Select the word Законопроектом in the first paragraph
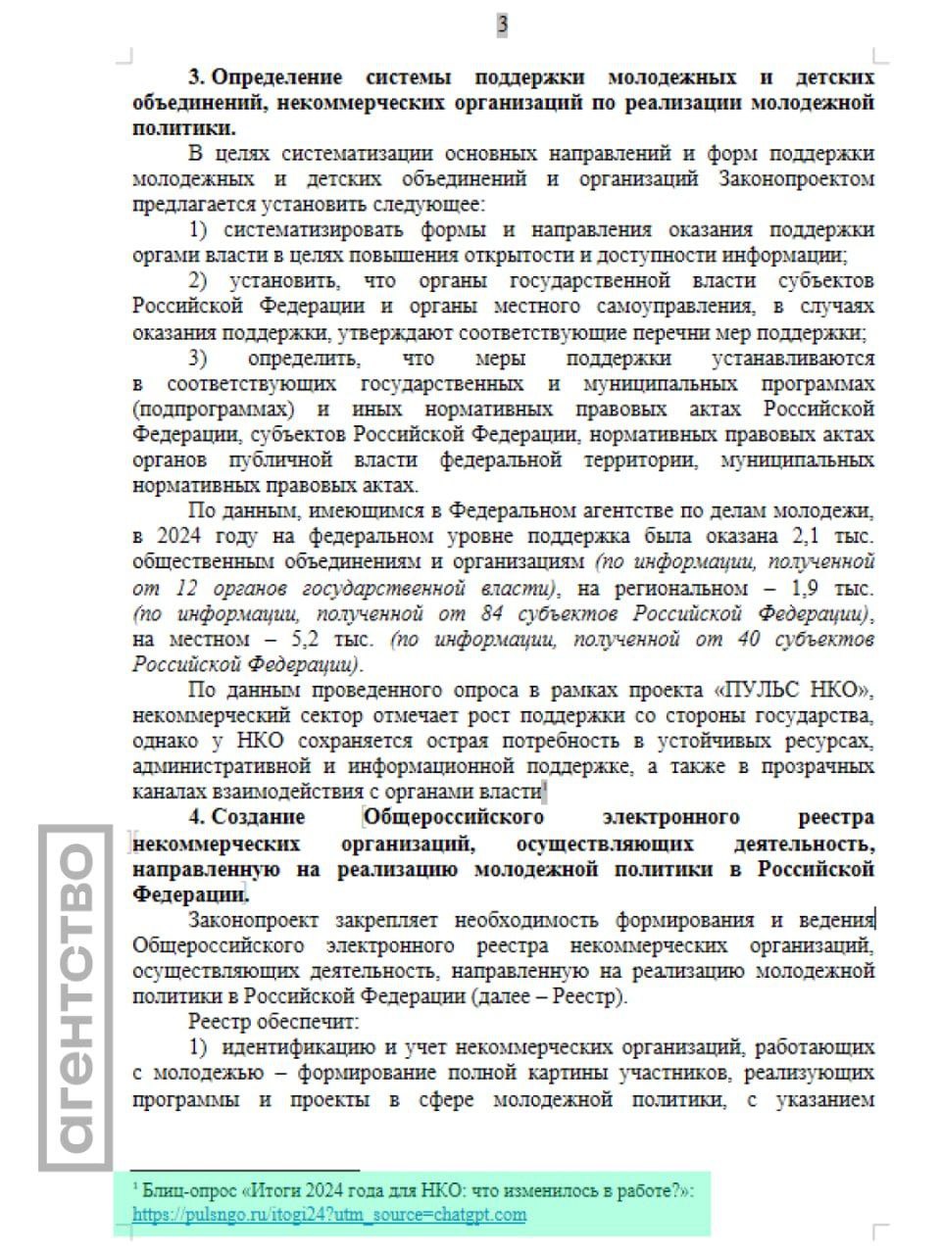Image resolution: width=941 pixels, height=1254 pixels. [x=796, y=179]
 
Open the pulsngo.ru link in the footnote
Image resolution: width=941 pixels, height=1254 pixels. [x=329, y=1215]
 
